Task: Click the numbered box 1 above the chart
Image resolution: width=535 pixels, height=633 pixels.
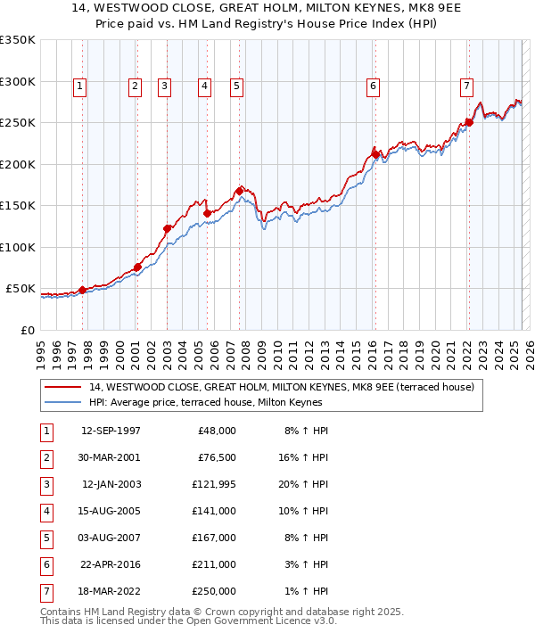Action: click(x=80, y=86)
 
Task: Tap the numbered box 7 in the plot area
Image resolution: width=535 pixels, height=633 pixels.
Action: click(x=466, y=86)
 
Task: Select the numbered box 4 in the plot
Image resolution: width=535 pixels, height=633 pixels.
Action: click(x=204, y=86)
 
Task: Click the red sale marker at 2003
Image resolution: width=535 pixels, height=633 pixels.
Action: click(x=167, y=228)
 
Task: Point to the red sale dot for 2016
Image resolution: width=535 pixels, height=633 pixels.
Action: click(x=375, y=154)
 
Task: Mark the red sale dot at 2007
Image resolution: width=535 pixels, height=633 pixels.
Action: click(x=240, y=191)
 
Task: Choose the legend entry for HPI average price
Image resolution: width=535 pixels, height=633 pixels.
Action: click(x=204, y=402)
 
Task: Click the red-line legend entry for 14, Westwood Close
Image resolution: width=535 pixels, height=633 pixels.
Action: click(x=286, y=387)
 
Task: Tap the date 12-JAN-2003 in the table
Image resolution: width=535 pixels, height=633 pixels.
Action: click(x=111, y=484)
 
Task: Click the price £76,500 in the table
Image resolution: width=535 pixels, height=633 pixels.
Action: click(x=215, y=457)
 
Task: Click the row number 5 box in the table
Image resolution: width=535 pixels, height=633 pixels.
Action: click(x=45, y=537)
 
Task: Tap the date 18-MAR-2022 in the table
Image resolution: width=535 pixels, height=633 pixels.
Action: click(x=111, y=590)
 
